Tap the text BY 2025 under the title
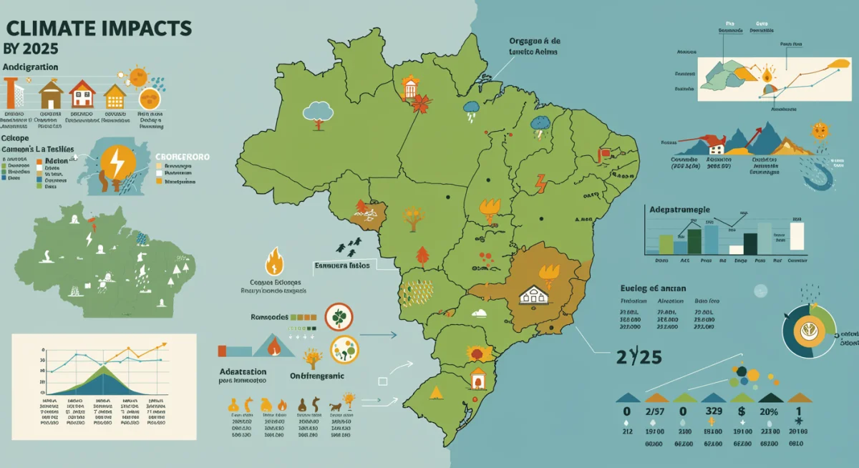(31, 51)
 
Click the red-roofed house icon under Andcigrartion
(83, 93)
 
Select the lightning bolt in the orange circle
(115, 164)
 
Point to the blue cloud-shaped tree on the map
(318, 111)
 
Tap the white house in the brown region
(533, 294)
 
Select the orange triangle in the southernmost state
(435, 391)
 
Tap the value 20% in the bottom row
(769, 412)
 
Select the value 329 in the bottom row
(714, 412)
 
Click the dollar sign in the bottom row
(742, 412)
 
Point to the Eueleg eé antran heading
(650, 288)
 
